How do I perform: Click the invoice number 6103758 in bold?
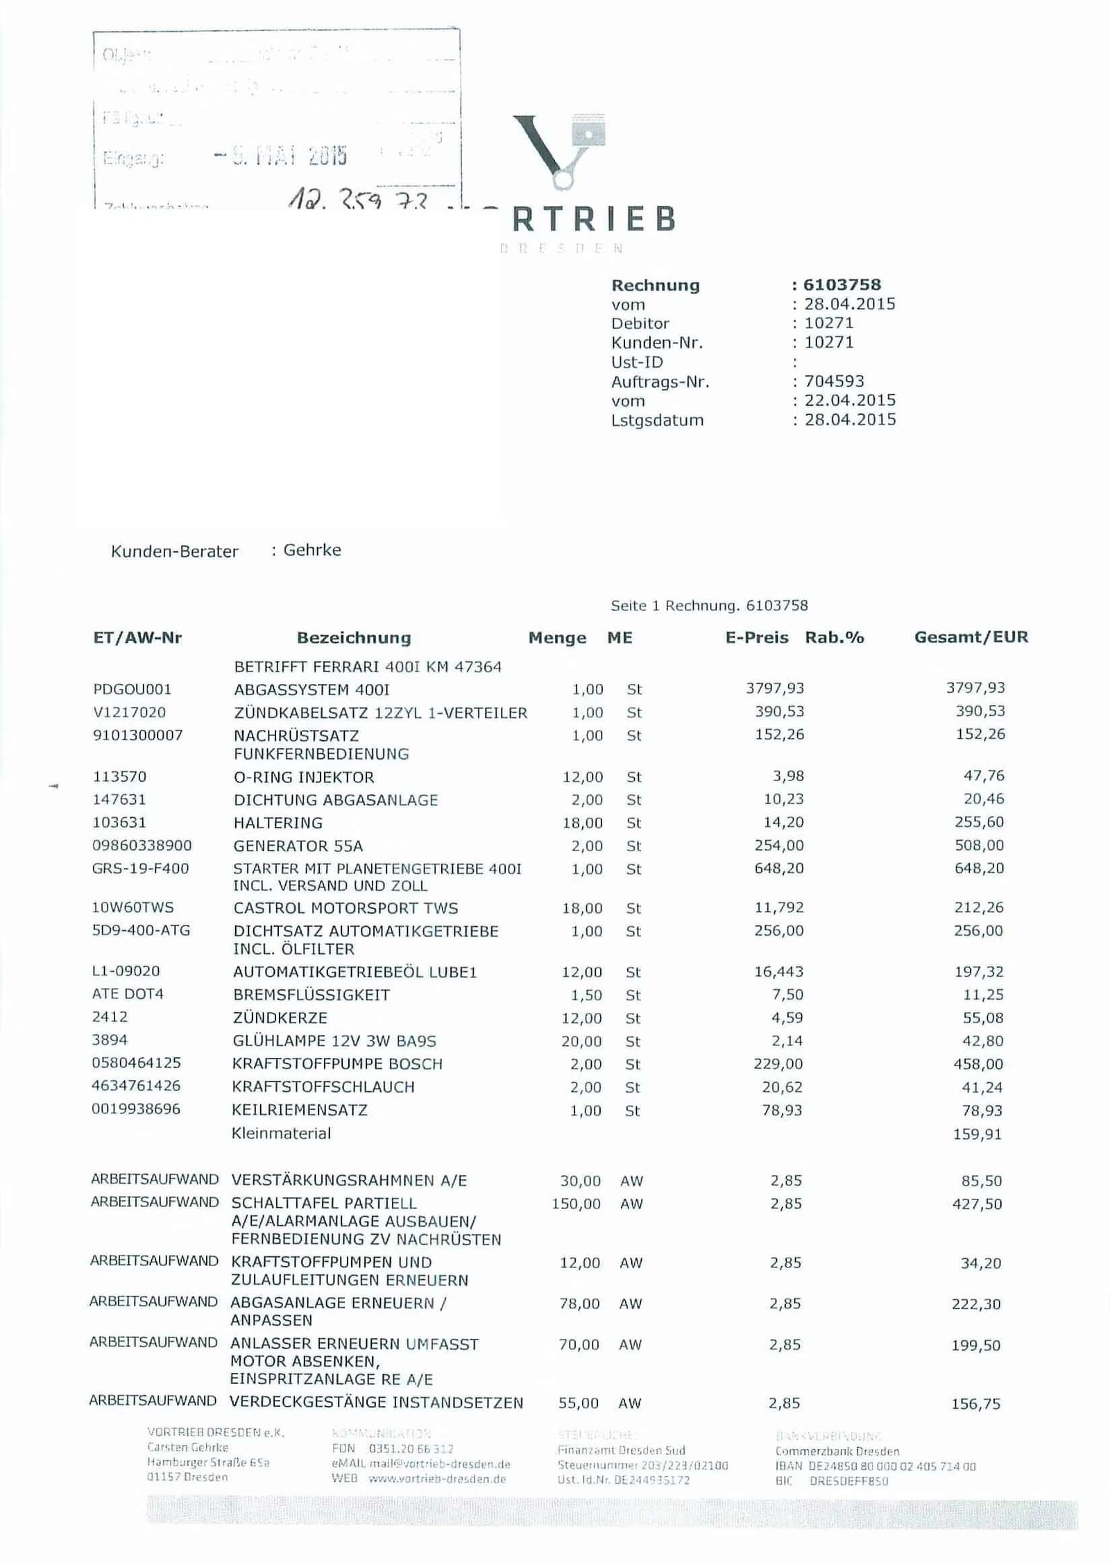[x=842, y=284]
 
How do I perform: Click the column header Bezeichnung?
[x=354, y=638]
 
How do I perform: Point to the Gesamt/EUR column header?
[x=971, y=637]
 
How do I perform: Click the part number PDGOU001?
[x=132, y=689]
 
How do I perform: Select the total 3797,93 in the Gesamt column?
[x=975, y=687]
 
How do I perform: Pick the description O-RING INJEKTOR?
[x=304, y=777]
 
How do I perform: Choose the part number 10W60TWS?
[x=133, y=907]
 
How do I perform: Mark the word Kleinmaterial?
[x=281, y=1134]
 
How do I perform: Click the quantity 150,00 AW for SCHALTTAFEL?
[x=576, y=1204]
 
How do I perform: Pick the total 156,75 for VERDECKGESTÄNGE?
[x=975, y=1404]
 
